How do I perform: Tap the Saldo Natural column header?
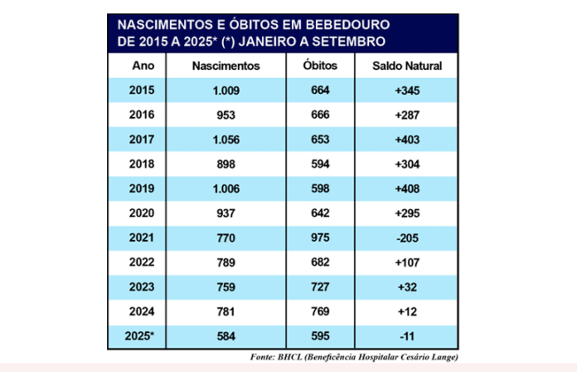pyautogui.click(x=407, y=65)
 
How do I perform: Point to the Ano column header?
pyautogui.click(x=143, y=65)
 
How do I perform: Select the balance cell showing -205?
pyautogui.click(x=407, y=238)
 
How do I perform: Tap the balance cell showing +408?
pyautogui.click(x=407, y=188)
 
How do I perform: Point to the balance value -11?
pyautogui.click(x=407, y=337)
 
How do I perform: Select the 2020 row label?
pyautogui.click(x=143, y=213)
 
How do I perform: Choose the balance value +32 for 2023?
pyautogui.click(x=407, y=287)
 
